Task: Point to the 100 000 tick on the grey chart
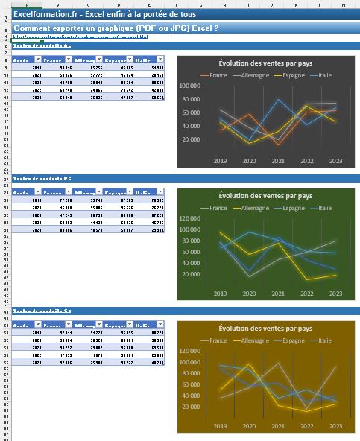[x=192, y=86]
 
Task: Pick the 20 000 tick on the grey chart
[x=194, y=139]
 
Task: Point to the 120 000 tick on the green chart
[x=192, y=218]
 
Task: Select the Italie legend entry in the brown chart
[x=322, y=340]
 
